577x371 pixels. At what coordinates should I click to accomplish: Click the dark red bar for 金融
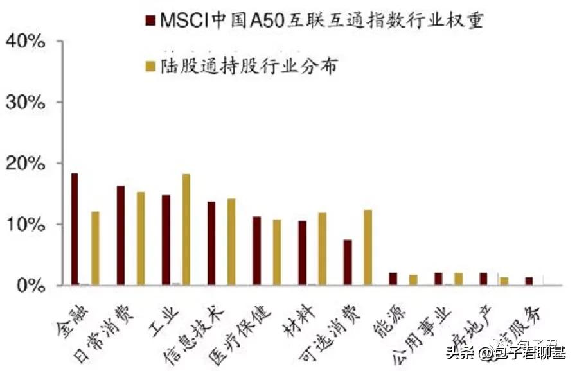pyautogui.click(x=75, y=229)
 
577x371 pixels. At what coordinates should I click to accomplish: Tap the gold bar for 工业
pyautogui.click(x=186, y=229)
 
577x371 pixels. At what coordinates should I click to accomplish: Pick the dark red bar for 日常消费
pyautogui.click(x=120, y=235)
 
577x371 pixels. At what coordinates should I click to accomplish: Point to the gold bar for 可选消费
pyautogui.click(x=368, y=247)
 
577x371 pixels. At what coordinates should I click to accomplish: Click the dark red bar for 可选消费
pyautogui.click(x=348, y=262)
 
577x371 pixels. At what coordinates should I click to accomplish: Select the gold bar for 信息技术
pyautogui.click(x=231, y=241)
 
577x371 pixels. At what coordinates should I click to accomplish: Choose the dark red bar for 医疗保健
pyautogui.click(x=256, y=250)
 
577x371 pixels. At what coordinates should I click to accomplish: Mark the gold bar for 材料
pyautogui.click(x=322, y=248)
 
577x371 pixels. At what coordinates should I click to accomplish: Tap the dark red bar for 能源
pyautogui.click(x=393, y=279)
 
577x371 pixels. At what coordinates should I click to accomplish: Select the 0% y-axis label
pyautogui.click(x=30, y=285)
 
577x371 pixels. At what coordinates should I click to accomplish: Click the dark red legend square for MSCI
pyautogui.click(x=151, y=22)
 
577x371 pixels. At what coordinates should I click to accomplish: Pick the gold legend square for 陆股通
pyautogui.click(x=151, y=66)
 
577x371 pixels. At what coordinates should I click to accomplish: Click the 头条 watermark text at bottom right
pyautogui.click(x=458, y=351)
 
